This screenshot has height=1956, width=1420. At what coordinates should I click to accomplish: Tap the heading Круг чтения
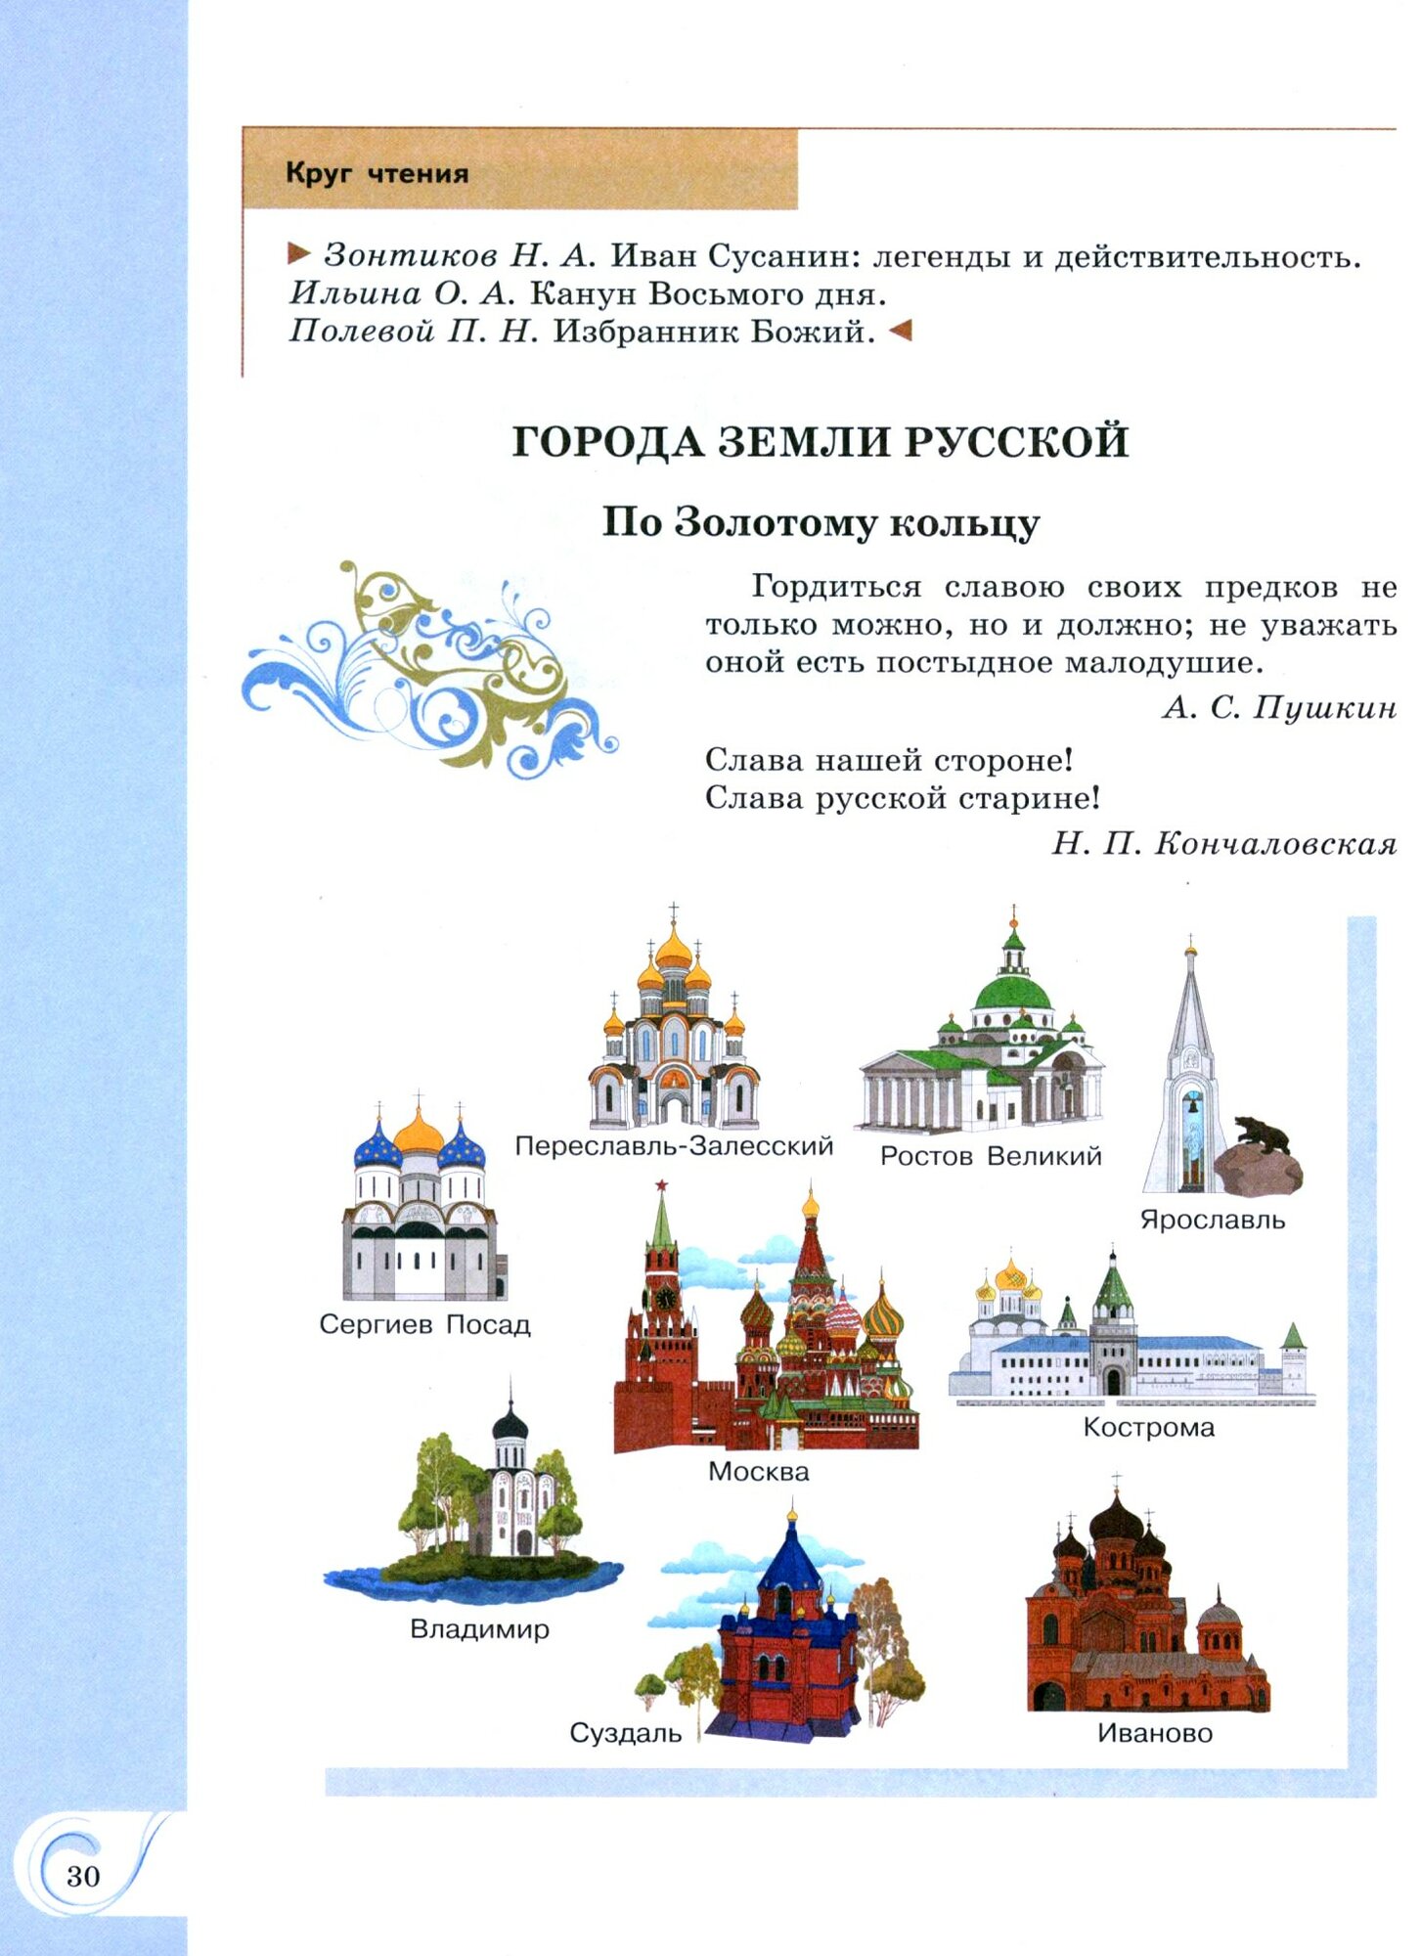377,174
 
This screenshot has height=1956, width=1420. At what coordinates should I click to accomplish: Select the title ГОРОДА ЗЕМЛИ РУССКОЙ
820,442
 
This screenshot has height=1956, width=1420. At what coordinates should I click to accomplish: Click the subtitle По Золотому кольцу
820,522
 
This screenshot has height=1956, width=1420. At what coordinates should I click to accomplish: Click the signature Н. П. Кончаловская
1223,843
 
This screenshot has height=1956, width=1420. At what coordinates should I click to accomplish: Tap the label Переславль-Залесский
674,1145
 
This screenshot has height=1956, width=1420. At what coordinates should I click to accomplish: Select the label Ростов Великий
990,1156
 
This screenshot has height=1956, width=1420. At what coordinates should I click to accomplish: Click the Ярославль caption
1212,1220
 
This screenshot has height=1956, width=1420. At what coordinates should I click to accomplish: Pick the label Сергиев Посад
424,1324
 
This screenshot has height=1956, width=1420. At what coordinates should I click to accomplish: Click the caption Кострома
1148,1427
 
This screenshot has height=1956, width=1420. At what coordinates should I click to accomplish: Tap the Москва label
759,1471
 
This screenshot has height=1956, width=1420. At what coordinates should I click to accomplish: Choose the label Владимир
479,1629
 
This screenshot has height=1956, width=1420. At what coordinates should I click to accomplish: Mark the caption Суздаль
626,1733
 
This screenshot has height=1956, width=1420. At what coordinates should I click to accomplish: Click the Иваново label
1154,1733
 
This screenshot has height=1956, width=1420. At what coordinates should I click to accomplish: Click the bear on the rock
1262,1134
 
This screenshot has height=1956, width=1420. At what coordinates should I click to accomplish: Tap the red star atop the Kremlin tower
662,1185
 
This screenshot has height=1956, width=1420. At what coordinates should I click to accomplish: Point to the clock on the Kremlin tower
665,1298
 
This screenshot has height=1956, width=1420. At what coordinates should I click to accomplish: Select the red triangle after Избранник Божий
900,332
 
